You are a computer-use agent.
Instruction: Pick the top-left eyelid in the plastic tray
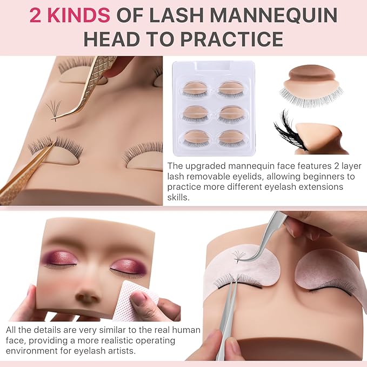[196, 88]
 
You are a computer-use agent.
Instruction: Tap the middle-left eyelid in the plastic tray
[196, 112]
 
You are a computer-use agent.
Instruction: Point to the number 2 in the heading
[36, 15]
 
